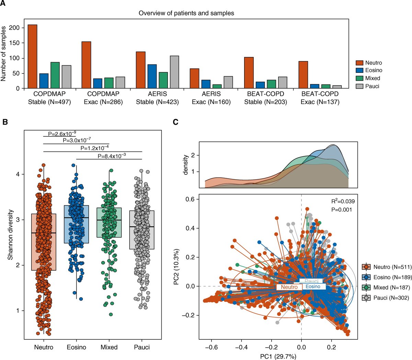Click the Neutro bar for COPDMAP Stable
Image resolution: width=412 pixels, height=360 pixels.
32,57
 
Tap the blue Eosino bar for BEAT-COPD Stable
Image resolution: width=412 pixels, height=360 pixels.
260,85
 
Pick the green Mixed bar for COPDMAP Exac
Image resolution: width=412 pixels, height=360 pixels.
108,83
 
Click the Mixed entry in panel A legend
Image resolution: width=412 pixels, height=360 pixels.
372,78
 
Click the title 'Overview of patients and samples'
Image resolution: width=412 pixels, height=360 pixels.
186,13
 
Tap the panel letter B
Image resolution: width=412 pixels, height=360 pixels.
5,122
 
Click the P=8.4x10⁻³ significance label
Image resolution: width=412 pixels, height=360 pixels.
112,156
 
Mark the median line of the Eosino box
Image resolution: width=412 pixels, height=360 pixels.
76,218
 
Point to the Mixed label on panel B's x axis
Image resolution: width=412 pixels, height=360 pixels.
109,347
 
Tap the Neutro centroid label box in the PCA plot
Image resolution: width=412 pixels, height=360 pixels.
288,287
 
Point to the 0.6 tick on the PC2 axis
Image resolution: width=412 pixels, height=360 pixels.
190,199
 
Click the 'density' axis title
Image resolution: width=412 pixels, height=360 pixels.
186,165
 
